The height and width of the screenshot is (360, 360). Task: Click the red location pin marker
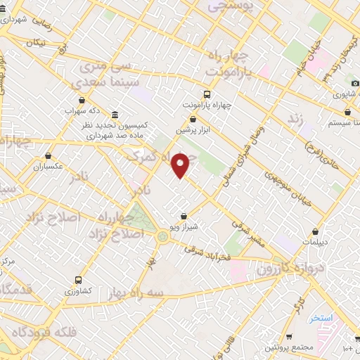coord(182,165)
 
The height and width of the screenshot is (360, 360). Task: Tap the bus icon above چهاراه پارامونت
coord(207,94)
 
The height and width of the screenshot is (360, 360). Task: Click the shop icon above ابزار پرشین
coord(193,120)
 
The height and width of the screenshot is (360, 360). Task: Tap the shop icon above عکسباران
coord(49,156)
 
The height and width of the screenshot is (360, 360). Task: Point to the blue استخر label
coord(322,318)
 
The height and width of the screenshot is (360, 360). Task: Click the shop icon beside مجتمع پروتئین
coord(291,337)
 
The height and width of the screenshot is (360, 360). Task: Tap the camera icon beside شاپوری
coord(355,93)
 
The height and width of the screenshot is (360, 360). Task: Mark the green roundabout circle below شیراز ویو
coord(163,236)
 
